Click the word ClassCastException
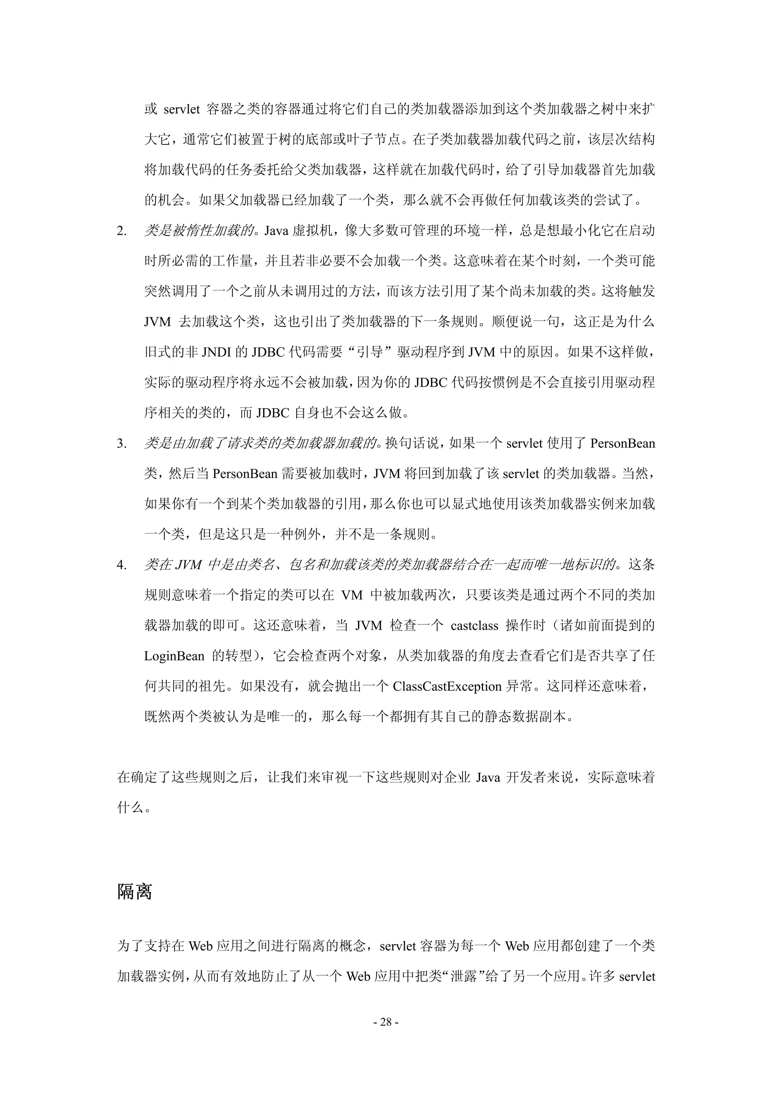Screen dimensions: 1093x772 tap(447, 686)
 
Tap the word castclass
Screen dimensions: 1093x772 tap(474, 625)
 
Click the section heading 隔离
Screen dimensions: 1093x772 tap(135, 891)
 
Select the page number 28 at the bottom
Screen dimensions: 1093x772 tap(386, 1022)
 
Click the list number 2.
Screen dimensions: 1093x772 tap(121, 231)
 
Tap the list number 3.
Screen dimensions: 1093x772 tap(121, 444)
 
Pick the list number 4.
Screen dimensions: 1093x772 tap(121, 565)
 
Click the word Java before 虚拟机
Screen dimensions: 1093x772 tap(276, 231)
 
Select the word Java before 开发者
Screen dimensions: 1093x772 tap(487, 777)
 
